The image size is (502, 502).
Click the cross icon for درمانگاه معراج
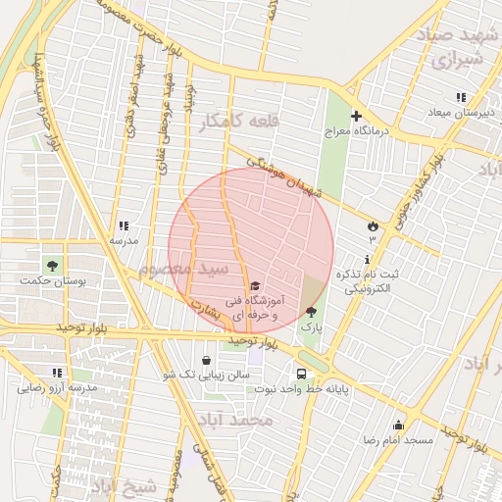tap(357, 115)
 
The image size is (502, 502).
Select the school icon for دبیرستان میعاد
tap(460, 97)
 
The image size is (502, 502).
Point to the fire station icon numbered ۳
tap(373, 226)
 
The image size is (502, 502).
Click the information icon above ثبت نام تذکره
tap(367, 260)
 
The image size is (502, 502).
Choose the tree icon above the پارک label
tap(311, 311)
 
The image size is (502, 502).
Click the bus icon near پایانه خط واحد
tap(301, 373)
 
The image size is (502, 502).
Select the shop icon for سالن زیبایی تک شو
tap(206, 360)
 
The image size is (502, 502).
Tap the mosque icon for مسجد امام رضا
tap(398, 425)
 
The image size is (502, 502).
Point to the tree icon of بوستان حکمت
tap(51, 265)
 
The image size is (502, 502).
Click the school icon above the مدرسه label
tap(124, 226)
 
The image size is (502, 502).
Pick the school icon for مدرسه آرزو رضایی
tap(56, 373)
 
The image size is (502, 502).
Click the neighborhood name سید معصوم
tap(183, 269)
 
